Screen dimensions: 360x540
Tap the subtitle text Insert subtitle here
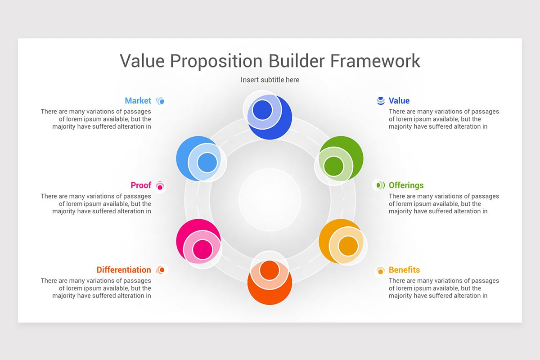270,80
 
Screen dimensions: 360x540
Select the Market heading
138,101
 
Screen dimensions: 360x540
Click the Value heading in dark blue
399,101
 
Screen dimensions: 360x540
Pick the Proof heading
141,185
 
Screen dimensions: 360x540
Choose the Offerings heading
406,185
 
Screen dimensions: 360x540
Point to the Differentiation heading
124,270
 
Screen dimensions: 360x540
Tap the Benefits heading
404,270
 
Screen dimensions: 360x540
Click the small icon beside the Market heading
161,101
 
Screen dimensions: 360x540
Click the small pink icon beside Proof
160,185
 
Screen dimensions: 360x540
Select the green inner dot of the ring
333,166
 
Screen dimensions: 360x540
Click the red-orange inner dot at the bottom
270,269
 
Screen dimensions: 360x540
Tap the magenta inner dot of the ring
202,249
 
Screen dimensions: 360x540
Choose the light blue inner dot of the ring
207,162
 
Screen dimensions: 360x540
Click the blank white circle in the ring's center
270,200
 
